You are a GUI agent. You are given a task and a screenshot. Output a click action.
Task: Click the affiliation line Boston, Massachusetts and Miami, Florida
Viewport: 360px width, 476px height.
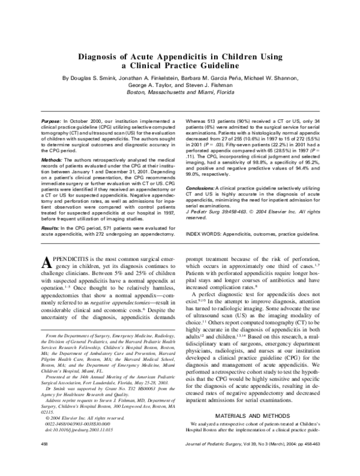pos(179,93)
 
